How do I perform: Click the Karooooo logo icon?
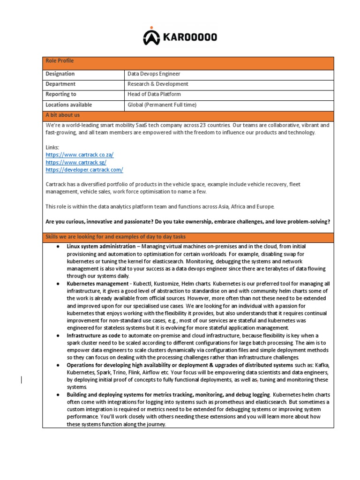click(x=151, y=37)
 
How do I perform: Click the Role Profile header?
click(x=60, y=61)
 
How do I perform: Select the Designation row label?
click(x=60, y=74)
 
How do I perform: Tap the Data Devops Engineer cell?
click(x=154, y=74)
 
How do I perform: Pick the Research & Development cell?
click(x=158, y=84)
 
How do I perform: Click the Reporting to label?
click(x=61, y=95)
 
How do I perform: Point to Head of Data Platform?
click(x=154, y=95)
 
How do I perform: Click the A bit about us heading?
click(x=62, y=115)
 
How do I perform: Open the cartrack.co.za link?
click(x=80, y=155)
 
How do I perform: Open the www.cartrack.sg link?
click(x=76, y=162)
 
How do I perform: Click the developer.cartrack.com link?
click(x=84, y=170)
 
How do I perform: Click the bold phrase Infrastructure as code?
click(x=94, y=336)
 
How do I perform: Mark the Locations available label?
click(x=68, y=105)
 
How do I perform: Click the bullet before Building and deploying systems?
click(x=57, y=395)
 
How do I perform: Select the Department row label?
click(x=60, y=84)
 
